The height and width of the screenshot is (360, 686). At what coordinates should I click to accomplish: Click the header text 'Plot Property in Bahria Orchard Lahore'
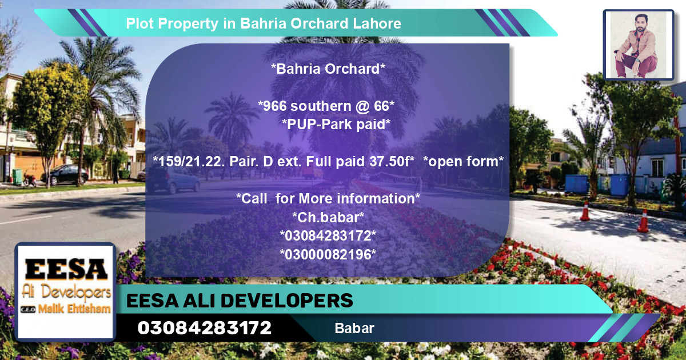[264, 24]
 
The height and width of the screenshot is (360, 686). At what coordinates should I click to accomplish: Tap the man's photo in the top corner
[638, 45]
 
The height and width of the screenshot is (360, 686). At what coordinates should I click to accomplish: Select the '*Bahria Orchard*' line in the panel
[328, 69]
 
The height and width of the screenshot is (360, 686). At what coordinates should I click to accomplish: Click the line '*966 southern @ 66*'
[326, 106]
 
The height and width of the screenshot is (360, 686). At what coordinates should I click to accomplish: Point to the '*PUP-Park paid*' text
[336, 124]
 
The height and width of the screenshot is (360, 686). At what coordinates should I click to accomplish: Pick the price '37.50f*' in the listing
[392, 162]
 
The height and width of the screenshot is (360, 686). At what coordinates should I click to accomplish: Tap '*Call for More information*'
[328, 199]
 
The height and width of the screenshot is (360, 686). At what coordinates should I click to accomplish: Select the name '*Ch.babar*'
[328, 217]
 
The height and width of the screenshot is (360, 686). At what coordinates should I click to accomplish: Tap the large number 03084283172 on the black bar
[204, 328]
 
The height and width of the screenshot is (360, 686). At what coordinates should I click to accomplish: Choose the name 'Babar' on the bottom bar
[354, 329]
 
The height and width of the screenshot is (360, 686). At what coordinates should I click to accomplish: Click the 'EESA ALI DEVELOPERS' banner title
[240, 301]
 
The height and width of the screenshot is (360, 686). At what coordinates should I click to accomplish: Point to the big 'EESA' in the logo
[66, 269]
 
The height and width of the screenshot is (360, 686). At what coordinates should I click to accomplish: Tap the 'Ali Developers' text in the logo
[66, 292]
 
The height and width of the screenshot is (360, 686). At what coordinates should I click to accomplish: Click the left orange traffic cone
[585, 211]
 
